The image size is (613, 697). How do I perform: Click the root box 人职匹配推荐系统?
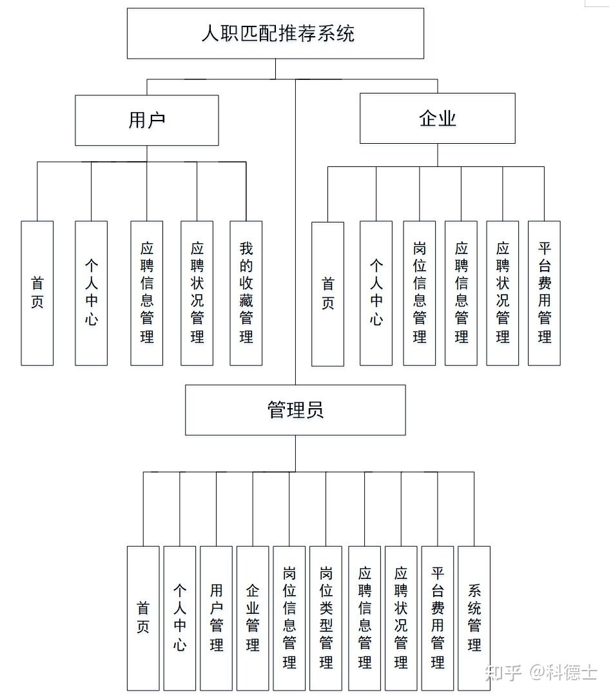(x=275, y=34)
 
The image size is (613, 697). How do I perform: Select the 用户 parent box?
(x=147, y=120)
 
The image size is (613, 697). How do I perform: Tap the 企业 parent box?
(x=437, y=118)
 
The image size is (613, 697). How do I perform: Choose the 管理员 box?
(x=295, y=410)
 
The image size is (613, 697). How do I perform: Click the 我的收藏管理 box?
(x=246, y=293)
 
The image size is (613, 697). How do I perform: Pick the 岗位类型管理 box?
(x=326, y=618)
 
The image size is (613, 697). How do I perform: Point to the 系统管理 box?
(x=474, y=618)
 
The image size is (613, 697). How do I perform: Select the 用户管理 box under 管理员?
(x=216, y=618)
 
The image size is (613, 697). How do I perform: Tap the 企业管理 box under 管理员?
(x=253, y=618)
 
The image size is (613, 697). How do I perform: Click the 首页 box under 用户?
(x=37, y=293)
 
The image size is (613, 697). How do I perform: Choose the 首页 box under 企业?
(x=328, y=294)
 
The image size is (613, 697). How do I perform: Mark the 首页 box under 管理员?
(x=143, y=618)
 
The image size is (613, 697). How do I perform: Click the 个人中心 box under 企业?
(x=376, y=293)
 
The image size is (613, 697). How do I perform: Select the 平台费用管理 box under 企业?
(x=544, y=293)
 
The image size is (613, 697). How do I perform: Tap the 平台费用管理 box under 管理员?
(x=438, y=618)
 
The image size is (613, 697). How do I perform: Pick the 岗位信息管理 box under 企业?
(x=420, y=293)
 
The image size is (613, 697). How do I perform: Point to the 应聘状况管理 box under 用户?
(x=197, y=293)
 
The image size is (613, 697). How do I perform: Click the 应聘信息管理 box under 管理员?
(x=365, y=618)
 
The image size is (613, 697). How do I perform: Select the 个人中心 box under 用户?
(x=91, y=293)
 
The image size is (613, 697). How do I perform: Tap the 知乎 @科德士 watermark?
(x=541, y=672)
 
